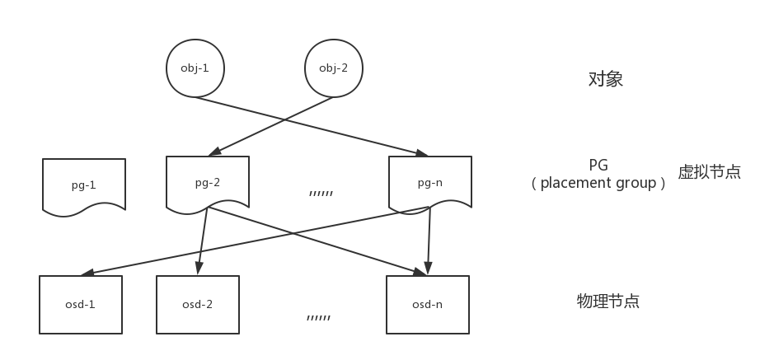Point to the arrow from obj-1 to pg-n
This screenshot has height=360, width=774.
click(x=312, y=127)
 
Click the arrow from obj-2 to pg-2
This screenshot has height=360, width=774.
click(x=271, y=126)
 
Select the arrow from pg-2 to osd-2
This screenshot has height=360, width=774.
click(x=203, y=241)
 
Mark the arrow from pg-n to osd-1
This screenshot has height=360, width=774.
click(x=255, y=241)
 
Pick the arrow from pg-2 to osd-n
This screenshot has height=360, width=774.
click(x=317, y=241)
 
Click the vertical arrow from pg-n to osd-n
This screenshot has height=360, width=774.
click(x=429, y=241)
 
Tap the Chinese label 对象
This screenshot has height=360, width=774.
click(x=606, y=79)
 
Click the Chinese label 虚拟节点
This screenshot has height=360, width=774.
click(x=710, y=171)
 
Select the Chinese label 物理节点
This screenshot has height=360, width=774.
click(x=608, y=301)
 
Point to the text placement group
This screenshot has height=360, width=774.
click(x=598, y=183)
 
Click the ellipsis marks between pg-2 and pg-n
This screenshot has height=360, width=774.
click(x=321, y=194)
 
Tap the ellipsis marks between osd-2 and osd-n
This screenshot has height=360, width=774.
click(x=318, y=318)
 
